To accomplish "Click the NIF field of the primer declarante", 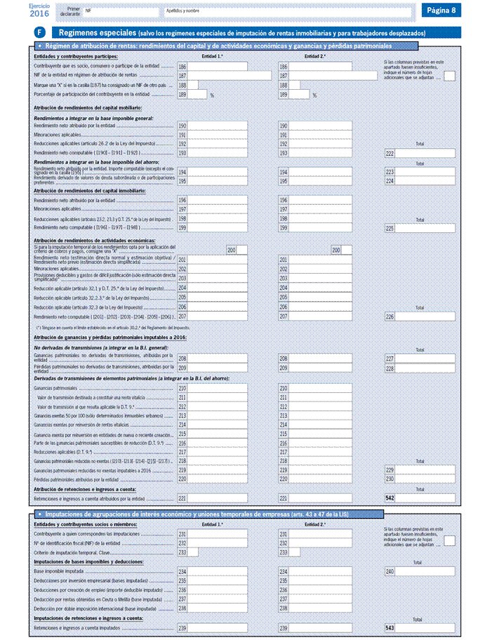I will (120, 12).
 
